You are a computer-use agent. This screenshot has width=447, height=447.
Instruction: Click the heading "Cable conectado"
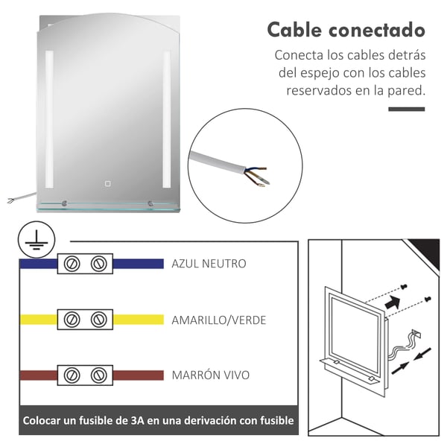pos(346,30)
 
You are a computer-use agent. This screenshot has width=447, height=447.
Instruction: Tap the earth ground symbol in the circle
pos(37,240)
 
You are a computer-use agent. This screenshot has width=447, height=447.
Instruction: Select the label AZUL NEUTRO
pos(209,264)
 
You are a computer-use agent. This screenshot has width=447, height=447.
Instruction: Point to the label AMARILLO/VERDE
pos(218,320)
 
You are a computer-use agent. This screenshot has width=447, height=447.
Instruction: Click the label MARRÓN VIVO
pos(210,375)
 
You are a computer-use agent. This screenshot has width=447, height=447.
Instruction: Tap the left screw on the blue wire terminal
pos(72,264)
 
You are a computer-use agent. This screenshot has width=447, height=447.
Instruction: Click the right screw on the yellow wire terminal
pos(99,320)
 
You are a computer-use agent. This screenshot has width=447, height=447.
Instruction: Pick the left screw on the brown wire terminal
pos(72,375)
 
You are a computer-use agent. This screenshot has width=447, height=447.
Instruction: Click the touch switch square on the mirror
pos(107,183)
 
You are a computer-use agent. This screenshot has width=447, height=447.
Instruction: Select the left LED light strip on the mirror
pos(49,119)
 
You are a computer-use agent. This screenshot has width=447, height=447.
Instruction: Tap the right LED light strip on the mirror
pos(166,119)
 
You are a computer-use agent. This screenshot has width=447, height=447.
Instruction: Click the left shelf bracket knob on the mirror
pos(64,203)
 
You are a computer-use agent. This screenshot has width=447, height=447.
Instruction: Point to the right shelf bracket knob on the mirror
pos(150,203)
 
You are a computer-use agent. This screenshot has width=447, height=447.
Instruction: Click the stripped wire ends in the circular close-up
pos(256,176)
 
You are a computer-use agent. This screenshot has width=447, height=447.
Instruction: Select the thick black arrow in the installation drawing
pos(393,302)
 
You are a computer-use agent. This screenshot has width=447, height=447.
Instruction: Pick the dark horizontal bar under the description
pos(407,110)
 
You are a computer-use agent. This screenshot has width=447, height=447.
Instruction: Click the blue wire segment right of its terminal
pos(139,264)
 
